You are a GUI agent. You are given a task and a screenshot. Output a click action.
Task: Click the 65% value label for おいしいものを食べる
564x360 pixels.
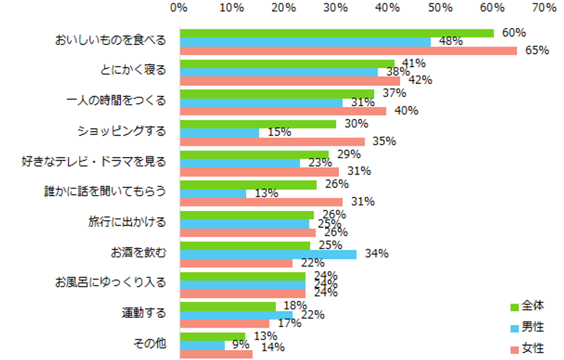click(x=529, y=51)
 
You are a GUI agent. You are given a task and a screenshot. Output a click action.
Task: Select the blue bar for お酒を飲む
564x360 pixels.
click(x=269, y=254)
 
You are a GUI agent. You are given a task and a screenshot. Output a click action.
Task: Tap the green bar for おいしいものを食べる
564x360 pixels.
click(x=336, y=33)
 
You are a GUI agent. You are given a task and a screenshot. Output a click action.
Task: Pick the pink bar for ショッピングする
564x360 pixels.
click(x=273, y=141)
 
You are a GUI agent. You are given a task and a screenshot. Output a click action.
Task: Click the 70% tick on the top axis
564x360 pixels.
click(x=543, y=8)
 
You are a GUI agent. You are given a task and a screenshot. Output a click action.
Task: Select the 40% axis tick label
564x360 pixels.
click(x=387, y=8)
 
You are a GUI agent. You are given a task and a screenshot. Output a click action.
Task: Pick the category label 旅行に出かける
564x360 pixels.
click(x=126, y=221)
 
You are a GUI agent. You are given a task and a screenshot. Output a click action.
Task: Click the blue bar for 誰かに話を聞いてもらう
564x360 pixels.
click(x=213, y=193)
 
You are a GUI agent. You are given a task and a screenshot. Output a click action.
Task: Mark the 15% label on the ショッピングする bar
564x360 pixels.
click(x=279, y=132)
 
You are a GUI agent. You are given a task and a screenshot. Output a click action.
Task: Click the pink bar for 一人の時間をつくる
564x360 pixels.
click(x=283, y=111)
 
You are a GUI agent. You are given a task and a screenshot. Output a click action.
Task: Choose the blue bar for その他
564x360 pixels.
click(x=203, y=345)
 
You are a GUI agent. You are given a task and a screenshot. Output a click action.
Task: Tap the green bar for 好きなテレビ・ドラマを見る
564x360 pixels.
click(x=254, y=154)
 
